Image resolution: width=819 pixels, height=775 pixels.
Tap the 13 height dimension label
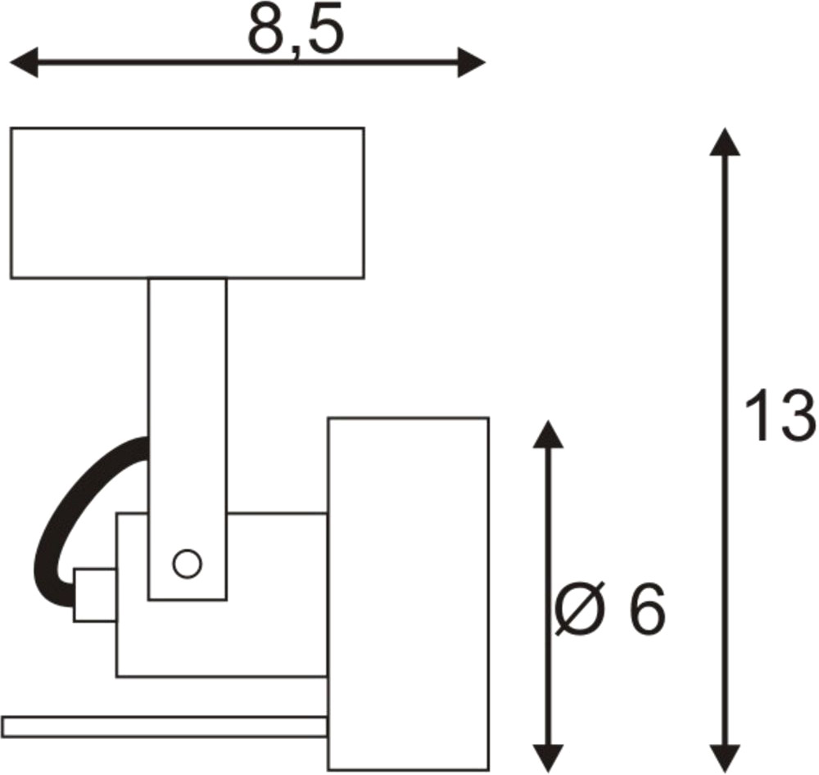click(780, 416)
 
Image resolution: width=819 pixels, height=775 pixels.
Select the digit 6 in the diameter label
click(647, 609)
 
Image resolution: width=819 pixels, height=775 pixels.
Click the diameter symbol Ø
click(579, 609)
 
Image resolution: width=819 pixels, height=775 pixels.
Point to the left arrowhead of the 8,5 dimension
click(24, 63)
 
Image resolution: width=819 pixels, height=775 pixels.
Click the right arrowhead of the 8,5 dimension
click(472, 63)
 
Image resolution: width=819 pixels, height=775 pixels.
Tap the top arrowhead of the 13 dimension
click(725, 142)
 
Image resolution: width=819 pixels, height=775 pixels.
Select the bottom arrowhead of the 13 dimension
click(725, 758)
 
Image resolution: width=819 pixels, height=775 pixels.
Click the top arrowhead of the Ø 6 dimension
click(548, 435)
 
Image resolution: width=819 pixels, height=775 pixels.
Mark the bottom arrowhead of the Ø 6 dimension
click(548, 758)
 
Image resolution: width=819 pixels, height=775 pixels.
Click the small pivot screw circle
click(187, 564)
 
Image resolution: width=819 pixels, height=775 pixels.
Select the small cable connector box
click(95, 595)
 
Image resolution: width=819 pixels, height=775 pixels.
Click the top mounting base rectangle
click(188, 203)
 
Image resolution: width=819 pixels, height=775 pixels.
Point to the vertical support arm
click(188, 439)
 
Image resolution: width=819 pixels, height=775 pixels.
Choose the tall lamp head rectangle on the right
click(409, 594)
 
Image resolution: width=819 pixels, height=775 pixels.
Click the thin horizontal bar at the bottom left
click(165, 727)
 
